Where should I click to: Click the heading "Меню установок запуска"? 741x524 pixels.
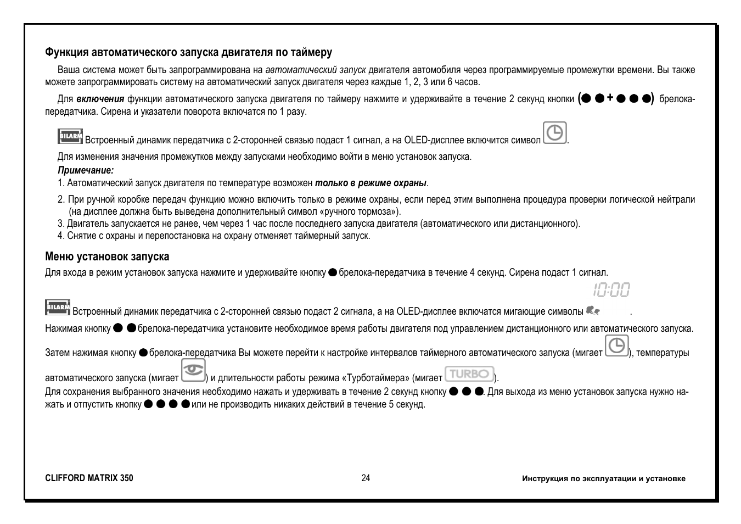tap(107, 257)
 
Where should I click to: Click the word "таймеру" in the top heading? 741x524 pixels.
tap(311, 53)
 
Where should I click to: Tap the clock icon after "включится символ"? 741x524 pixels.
tap(555, 133)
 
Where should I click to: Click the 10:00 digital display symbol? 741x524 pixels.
tap(611, 289)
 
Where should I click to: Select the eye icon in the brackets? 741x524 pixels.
tap(193, 371)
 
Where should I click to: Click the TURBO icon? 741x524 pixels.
tap(469, 374)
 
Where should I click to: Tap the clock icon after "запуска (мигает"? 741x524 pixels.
tap(617, 346)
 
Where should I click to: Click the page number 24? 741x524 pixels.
tap(366, 478)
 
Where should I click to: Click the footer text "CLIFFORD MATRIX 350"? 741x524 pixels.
tap(89, 478)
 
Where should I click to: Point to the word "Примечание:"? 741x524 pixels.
tap(86, 171)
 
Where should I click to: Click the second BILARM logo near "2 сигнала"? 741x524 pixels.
tap(58, 308)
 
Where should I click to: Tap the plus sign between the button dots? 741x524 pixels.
tap(610, 98)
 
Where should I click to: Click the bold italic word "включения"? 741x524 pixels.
tap(100, 99)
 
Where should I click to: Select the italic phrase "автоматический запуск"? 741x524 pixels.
tap(316, 70)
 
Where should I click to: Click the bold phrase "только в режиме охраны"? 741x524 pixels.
tap(370, 183)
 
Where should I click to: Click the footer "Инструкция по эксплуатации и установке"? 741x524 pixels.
tap(604, 478)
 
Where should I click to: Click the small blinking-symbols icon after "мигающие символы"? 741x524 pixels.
tap(593, 311)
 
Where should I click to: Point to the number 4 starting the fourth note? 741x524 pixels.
tap(60, 236)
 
